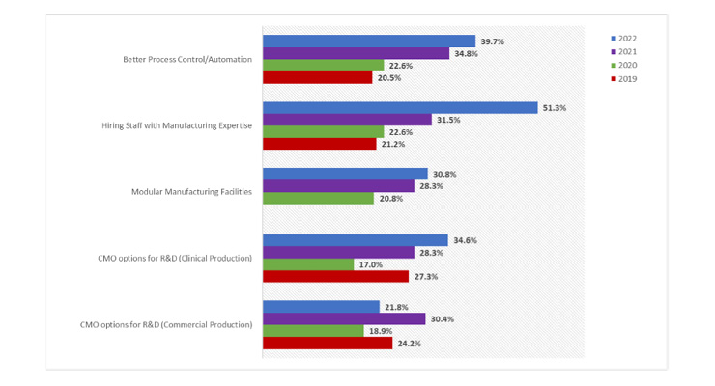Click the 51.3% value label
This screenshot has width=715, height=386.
[x=555, y=108]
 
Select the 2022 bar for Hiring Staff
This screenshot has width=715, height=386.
[x=399, y=108]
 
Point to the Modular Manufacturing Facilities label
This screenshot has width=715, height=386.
[x=191, y=192]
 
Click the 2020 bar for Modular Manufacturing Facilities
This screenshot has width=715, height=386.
[x=318, y=198]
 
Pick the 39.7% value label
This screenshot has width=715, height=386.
[x=493, y=41]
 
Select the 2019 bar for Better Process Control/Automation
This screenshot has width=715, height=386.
[x=317, y=77]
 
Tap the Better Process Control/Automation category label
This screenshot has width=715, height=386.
[x=187, y=60]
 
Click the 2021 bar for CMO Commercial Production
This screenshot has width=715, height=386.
[x=343, y=318]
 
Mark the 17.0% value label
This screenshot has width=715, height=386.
[x=371, y=264]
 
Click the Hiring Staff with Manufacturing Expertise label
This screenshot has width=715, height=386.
[x=177, y=125]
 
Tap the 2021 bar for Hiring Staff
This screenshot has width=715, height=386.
[x=347, y=120]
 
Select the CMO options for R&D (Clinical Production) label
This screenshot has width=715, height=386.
[x=175, y=258]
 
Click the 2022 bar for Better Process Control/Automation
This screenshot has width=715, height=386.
[x=368, y=41]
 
